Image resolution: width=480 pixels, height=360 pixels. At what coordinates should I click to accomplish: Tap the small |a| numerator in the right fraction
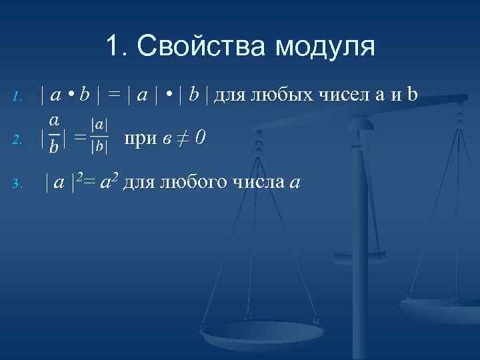101,125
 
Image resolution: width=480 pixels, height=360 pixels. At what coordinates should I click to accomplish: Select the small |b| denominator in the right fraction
101,147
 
